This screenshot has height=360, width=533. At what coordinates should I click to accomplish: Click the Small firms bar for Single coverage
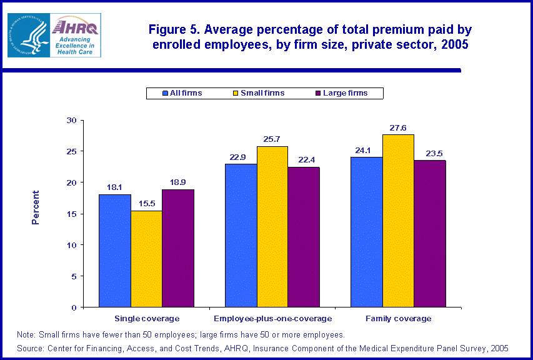146,259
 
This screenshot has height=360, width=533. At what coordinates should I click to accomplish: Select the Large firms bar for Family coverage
430,234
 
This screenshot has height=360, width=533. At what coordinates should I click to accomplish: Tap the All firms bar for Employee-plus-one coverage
241,236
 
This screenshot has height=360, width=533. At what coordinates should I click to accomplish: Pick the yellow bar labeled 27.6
398,221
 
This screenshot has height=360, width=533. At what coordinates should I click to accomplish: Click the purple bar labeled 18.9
178,248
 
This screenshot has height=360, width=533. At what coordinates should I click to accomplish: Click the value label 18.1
115,186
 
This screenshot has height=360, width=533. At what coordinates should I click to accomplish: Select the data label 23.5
430,152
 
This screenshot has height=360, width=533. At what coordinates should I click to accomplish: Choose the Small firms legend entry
257,93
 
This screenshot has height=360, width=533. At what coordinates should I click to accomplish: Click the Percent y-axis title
36,207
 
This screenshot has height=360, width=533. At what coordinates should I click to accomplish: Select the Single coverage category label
147,319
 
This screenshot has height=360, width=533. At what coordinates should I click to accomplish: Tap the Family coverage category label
398,319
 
